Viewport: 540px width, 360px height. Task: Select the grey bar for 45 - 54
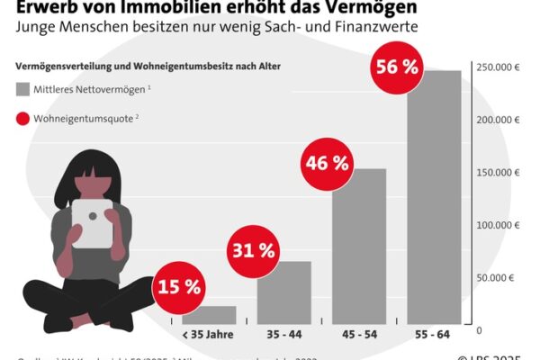pos(359,252)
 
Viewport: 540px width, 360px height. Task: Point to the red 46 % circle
pos(326,163)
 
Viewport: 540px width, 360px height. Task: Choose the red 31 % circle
pos(253,249)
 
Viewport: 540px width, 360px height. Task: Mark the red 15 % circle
pos(179,287)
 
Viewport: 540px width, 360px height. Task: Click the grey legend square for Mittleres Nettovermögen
pos(22,89)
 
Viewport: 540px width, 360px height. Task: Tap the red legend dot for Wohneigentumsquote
pos(22,117)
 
